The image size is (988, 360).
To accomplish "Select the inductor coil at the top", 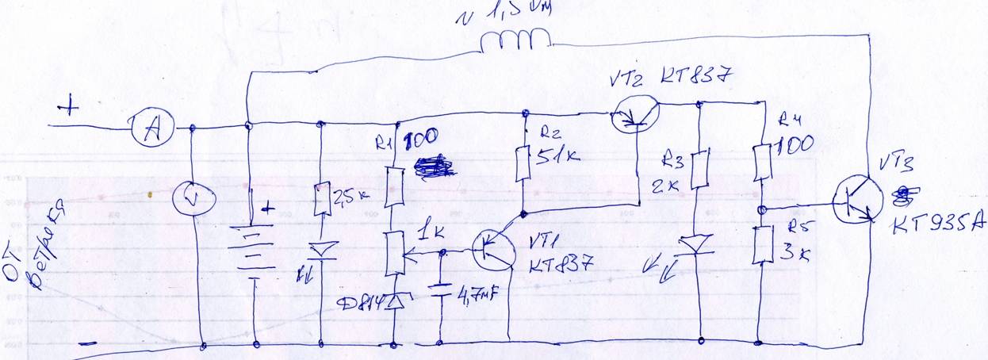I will pyautogui.click(x=515, y=40).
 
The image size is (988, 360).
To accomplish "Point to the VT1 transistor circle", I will pyautogui.click(x=494, y=251).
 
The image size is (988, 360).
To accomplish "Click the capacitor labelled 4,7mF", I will pyautogui.click(x=440, y=287).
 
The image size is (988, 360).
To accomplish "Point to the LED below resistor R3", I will pyautogui.click(x=698, y=244).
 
